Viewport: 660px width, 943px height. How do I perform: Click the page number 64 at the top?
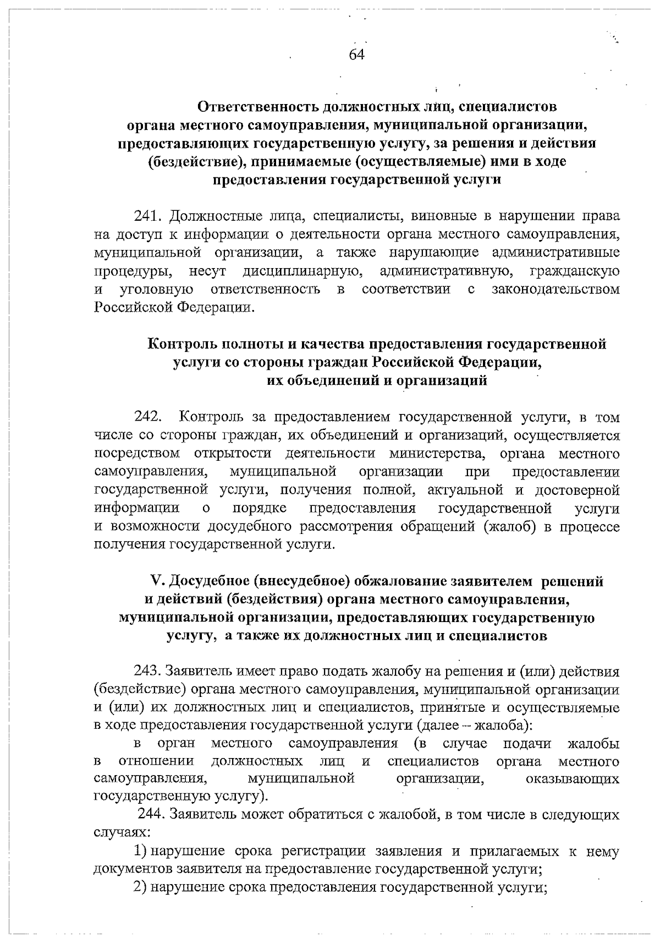pyautogui.click(x=357, y=54)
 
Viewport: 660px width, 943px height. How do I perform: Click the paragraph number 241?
pyautogui.click(x=148, y=216)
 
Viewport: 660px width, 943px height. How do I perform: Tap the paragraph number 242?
pyautogui.click(x=148, y=417)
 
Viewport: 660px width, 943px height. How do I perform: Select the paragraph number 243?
pyautogui.click(x=147, y=672)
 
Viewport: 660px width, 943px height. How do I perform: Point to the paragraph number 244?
pyautogui.click(x=150, y=815)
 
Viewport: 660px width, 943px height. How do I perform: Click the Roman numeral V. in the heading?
pyautogui.click(x=158, y=581)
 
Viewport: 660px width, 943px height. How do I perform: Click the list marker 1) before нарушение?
pyautogui.click(x=141, y=851)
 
